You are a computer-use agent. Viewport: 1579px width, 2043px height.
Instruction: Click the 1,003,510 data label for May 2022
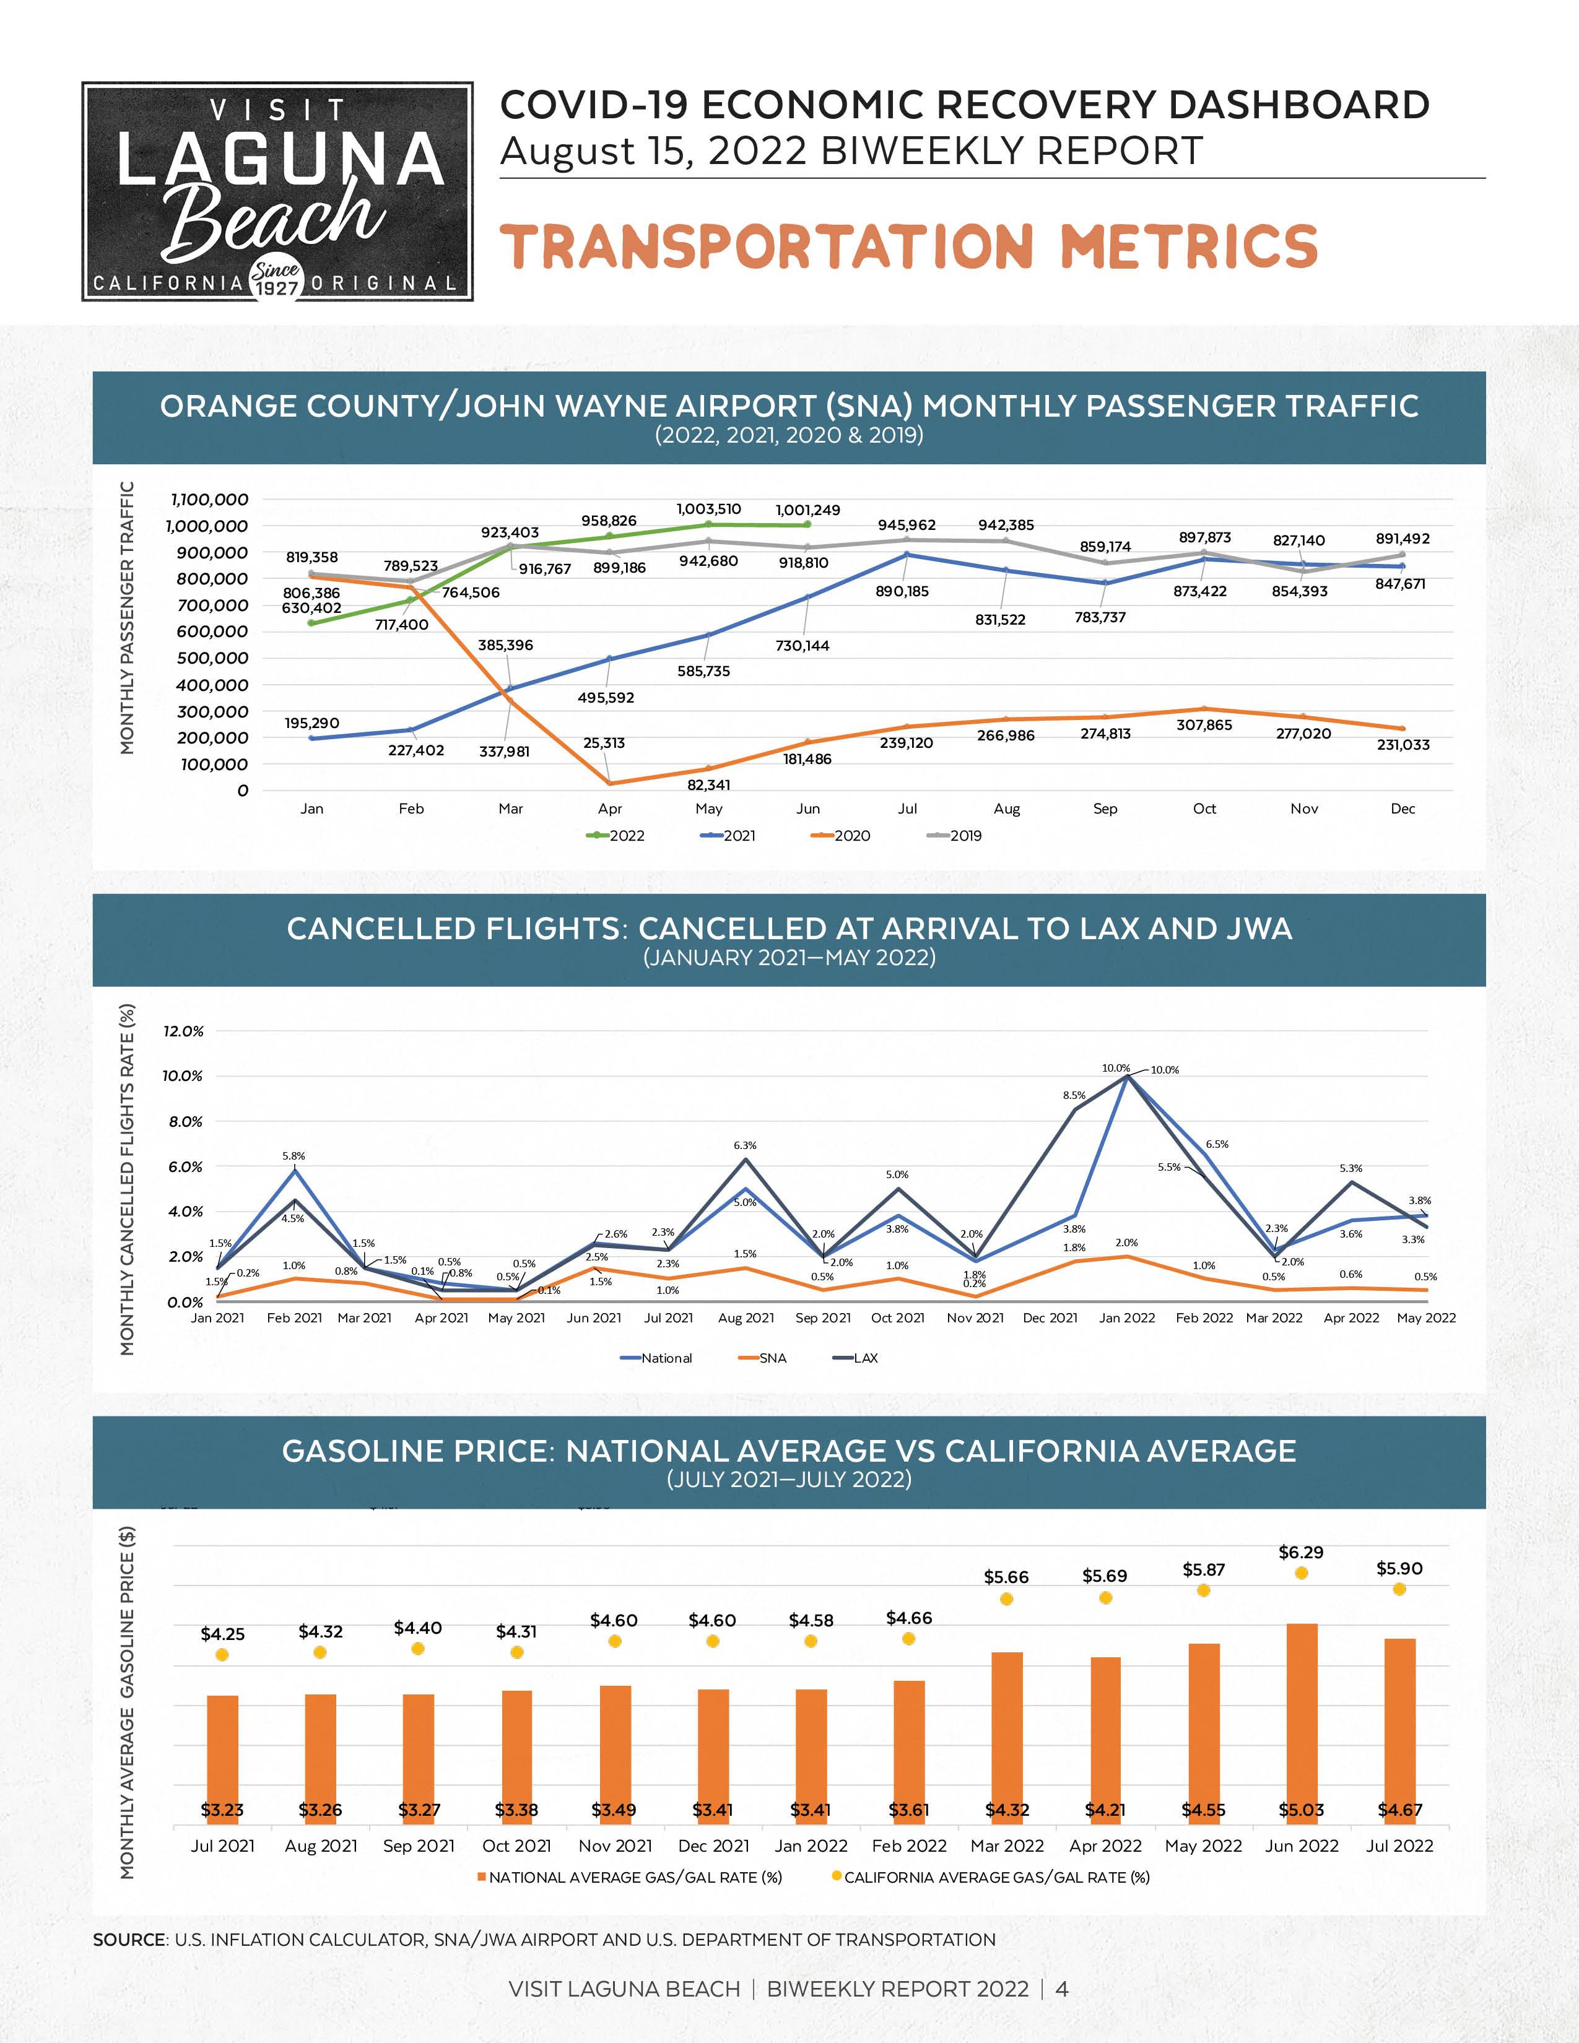coord(708,509)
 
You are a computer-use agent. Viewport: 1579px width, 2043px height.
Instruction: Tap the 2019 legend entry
coord(954,835)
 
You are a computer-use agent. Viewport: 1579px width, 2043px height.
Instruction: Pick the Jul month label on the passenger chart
coord(907,808)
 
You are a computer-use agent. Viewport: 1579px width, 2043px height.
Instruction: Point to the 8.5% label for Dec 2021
coord(1074,1095)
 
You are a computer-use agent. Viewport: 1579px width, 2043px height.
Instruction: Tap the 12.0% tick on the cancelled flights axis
coord(183,1031)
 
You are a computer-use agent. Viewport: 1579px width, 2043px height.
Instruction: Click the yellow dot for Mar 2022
coord(1006,1598)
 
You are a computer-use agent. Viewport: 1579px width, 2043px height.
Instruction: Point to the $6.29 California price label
coord(1300,1552)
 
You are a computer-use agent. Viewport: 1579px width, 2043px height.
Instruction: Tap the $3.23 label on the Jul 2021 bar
coord(222,1809)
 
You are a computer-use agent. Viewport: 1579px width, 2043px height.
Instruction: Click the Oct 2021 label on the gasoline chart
coord(516,1846)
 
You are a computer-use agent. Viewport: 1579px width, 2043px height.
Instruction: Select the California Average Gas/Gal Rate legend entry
coord(991,1876)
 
